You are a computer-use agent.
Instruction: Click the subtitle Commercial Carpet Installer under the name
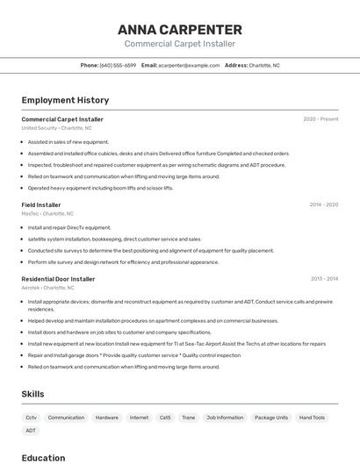click(x=179, y=43)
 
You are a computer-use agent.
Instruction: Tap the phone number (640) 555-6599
click(x=118, y=65)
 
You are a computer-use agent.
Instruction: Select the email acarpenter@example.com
click(x=189, y=65)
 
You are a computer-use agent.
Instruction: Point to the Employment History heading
click(x=65, y=100)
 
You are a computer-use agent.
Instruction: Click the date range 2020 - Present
click(x=320, y=119)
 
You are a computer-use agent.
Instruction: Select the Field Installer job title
click(x=41, y=204)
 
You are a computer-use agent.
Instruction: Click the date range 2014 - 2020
click(x=323, y=204)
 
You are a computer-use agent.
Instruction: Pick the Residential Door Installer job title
click(x=58, y=279)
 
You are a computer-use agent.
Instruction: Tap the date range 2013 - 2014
click(x=324, y=279)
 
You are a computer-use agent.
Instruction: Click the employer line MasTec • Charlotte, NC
click(x=47, y=213)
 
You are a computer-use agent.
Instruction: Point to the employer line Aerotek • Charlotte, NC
click(x=47, y=288)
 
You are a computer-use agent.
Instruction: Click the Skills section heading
click(x=32, y=394)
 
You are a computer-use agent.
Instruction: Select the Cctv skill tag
click(x=32, y=418)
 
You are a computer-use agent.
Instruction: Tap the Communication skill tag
click(x=66, y=418)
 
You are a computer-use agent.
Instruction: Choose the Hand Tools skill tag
click(x=312, y=418)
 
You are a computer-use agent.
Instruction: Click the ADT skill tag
click(x=31, y=431)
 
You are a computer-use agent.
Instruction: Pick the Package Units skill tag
click(x=271, y=418)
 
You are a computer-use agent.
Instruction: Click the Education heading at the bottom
click(x=43, y=458)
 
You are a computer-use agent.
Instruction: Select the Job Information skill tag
click(x=225, y=418)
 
